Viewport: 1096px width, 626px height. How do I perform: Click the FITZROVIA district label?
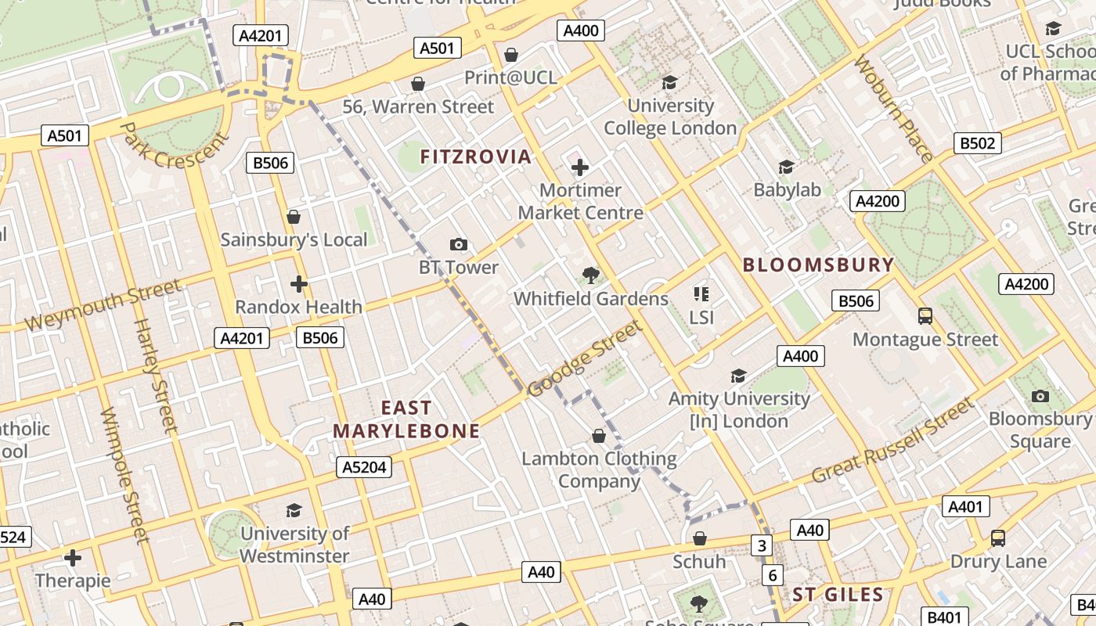(x=475, y=156)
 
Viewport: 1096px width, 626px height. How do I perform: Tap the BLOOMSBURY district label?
(x=818, y=264)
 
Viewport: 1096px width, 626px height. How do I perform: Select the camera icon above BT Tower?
(x=459, y=245)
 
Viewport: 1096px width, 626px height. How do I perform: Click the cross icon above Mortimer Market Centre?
(x=580, y=167)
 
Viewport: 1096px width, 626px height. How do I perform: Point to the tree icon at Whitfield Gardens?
(x=591, y=275)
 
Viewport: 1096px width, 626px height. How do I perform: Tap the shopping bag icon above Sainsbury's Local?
(x=294, y=217)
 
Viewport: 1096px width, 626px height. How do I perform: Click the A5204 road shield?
(x=364, y=467)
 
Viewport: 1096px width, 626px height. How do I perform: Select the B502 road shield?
(x=978, y=143)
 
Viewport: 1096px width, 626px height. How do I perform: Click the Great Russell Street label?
(x=893, y=441)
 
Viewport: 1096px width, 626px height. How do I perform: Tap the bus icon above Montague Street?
(x=925, y=316)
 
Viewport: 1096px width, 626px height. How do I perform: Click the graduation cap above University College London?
(x=669, y=82)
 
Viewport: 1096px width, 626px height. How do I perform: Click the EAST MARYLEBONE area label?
(x=406, y=419)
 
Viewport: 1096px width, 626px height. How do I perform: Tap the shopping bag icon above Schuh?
(x=700, y=539)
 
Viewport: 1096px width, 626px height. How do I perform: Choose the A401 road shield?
(x=964, y=507)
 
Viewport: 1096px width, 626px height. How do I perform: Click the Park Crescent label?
(x=175, y=146)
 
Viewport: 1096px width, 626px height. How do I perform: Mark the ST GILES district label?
(x=838, y=595)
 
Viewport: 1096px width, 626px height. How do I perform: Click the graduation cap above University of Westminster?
(x=294, y=511)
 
